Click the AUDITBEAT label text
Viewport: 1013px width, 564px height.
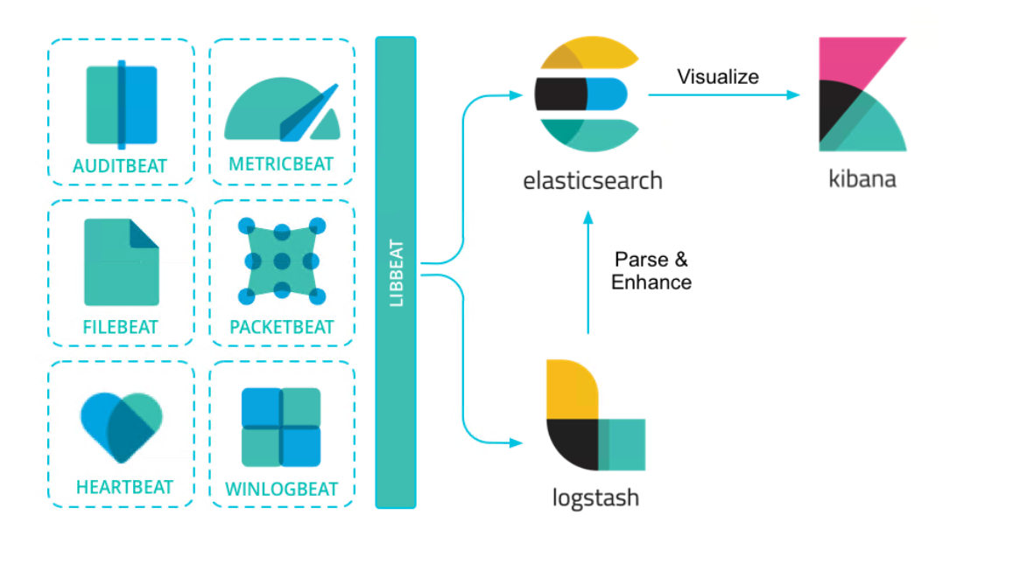click(x=121, y=165)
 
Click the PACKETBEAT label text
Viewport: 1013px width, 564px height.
click(x=282, y=327)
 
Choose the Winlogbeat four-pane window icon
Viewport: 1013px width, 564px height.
click(x=281, y=427)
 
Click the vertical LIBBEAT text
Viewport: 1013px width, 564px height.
click(x=397, y=273)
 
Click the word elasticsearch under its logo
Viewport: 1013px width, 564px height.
click(x=593, y=181)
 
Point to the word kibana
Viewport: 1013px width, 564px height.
click(x=862, y=179)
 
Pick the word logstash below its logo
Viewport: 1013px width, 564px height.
click(x=595, y=498)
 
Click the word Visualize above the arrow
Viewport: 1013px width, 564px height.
click(x=718, y=77)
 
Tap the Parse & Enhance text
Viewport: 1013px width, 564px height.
click(x=651, y=271)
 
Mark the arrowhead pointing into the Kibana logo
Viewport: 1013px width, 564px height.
click(x=794, y=94)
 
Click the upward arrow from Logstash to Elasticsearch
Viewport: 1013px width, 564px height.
click(x=588, y=271)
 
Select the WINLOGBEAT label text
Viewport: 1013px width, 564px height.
click(x=282, y=489)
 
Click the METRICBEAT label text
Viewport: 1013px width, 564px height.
click(x=281, y=164)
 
